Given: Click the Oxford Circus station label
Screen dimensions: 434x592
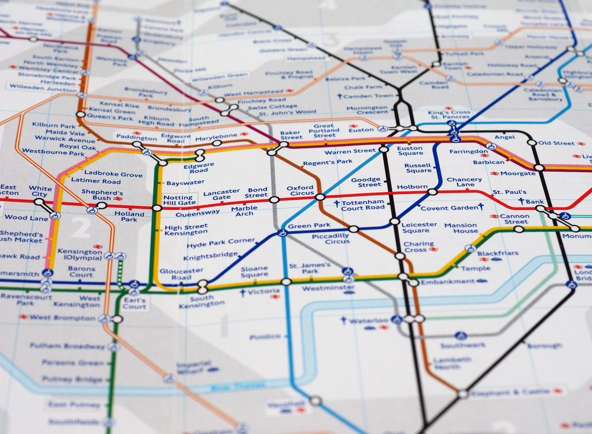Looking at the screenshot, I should (300, 191).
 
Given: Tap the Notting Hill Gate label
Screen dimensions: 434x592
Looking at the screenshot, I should (178, 200).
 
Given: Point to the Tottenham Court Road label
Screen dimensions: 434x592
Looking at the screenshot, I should (363, 205).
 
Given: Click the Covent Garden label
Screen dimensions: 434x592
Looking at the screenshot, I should (449, 208).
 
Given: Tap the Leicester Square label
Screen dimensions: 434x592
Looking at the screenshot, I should (419, 227).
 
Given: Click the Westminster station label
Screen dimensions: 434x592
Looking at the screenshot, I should (320, 288).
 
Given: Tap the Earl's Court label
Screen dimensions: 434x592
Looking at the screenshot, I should (134, 303).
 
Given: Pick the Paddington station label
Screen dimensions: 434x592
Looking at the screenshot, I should (137, 137).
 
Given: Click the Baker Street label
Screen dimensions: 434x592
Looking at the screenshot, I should (291, 136).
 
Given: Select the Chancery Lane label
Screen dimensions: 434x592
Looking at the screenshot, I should (464, 182).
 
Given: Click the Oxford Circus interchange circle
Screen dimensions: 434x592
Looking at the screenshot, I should (320, 197).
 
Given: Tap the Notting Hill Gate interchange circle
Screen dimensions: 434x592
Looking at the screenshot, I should (157, 208).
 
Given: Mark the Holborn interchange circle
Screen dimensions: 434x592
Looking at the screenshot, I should (433, 192).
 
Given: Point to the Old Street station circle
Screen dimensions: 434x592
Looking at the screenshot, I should (532, 142).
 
